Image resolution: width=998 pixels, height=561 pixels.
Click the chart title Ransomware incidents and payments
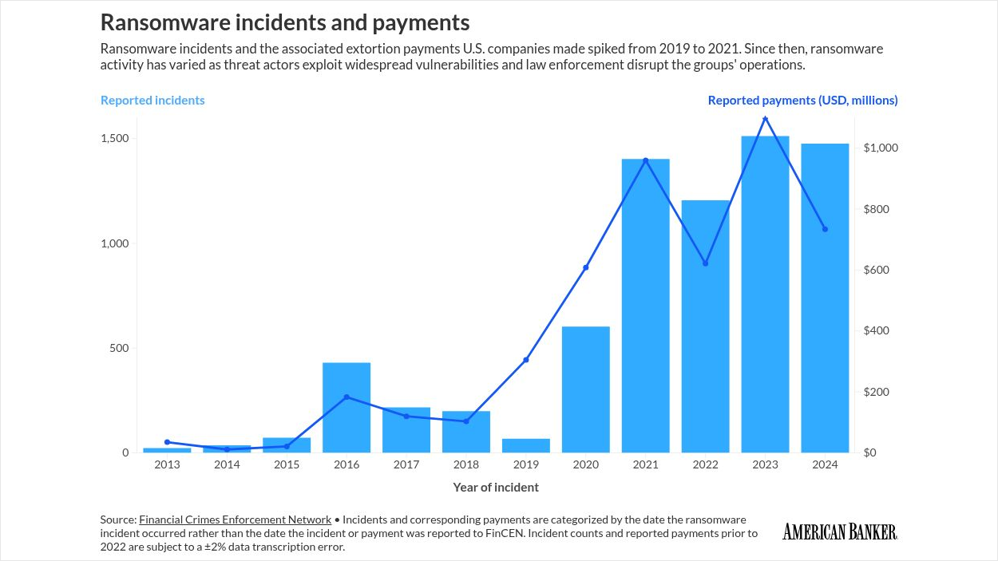click(285, 22)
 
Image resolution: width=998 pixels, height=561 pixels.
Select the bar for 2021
click(646, 307)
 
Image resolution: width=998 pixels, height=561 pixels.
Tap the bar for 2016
click(347, 408)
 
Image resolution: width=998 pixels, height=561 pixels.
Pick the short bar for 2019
click(526, 445)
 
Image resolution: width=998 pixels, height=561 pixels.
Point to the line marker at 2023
click(766, 119)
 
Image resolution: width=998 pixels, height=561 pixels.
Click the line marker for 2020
click(586, 267)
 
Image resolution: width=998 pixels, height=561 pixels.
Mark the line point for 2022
click(706, 263)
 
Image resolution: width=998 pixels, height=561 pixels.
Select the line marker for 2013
click(167, 442)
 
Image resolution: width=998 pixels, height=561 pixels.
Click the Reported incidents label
click(152, 101)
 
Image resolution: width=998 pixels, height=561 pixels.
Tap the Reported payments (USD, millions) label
click(802, 101)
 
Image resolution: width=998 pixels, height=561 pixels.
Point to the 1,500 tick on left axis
click(114, 139)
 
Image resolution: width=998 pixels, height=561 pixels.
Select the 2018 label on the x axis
click(466, 464)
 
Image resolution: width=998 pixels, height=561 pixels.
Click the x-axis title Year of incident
click(496, 487)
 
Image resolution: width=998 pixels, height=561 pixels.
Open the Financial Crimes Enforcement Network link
click(235, 520)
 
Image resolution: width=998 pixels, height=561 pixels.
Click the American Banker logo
click(839, 531)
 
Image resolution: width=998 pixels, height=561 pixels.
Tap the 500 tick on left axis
click(119, 348)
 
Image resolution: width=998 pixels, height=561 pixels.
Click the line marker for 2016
click(347, 397)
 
